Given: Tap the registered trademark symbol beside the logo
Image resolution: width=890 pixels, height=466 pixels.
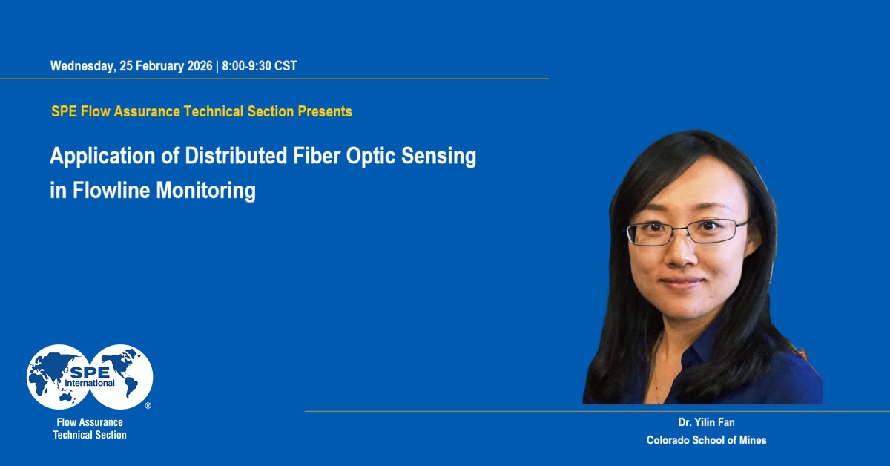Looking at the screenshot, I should (148, 406).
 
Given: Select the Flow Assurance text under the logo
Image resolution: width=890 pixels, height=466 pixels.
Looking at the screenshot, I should (90, 422).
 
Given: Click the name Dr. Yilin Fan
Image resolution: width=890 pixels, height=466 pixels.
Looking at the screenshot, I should (706, 422).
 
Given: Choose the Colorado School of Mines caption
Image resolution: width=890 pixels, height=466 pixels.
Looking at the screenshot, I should (706, 440).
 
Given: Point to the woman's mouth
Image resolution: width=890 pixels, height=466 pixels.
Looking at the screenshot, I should (682, 283).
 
